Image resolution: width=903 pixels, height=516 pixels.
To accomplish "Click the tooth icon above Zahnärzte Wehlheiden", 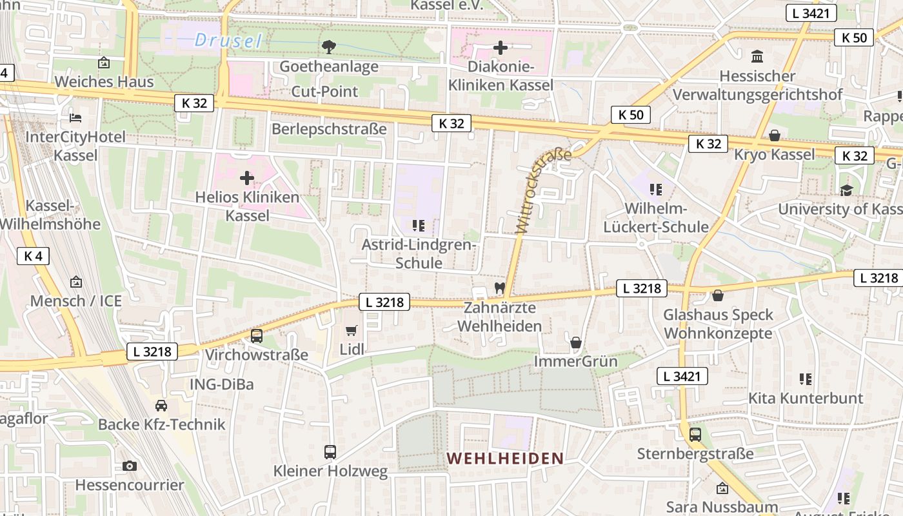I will (499, 288).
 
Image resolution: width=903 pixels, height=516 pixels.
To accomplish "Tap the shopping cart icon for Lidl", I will (351, 331).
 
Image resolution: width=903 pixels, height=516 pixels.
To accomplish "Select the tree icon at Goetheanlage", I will (328, 46).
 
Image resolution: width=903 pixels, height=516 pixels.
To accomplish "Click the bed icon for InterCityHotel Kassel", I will (75, 117).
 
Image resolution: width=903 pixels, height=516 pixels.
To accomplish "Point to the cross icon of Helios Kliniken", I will (246, 178).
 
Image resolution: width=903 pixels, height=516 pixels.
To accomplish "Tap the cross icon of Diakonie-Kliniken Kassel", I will (500, 48).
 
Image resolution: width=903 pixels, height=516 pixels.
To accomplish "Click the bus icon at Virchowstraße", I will (256, 335).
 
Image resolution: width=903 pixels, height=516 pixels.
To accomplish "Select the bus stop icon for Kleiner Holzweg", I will (330, 451).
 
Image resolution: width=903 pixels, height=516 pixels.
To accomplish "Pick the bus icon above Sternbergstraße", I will (695, 434).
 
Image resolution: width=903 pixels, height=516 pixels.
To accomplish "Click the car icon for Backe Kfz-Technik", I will (161, 405).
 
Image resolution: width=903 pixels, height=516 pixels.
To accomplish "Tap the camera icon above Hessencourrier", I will (130, 466).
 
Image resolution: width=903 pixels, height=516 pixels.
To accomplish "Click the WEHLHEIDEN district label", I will (505, 459).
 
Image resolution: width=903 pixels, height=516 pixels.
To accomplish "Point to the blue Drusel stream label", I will (228, 41).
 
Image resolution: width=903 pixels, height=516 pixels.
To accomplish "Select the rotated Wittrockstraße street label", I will (544, 190).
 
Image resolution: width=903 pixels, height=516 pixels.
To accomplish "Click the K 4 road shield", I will (33, 256).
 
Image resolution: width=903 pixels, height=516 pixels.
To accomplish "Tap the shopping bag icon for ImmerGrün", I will (576, 342).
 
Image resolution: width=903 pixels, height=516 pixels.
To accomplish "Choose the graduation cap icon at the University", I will (846, 190).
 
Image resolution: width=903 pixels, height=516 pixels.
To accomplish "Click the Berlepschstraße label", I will (329, 129).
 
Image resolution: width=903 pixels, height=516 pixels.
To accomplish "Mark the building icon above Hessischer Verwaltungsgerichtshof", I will (757, 57).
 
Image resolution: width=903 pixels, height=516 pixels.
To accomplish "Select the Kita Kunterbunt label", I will (805, 398).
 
